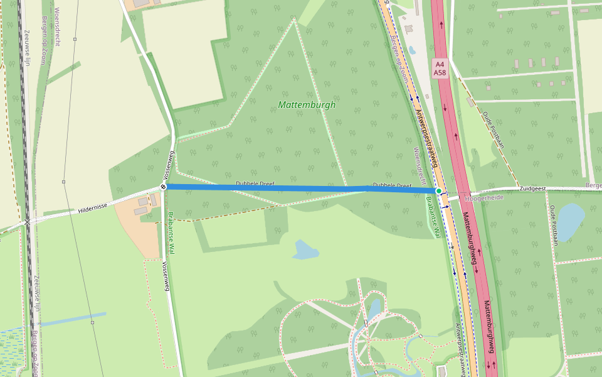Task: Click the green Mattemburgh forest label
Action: (x=307, y=105)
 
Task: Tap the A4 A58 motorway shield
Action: (x=440, y=68)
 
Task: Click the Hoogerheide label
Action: (x=484, y=197)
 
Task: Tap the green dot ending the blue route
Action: (x=439, y=190)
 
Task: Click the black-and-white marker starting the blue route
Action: (x=163, y=187)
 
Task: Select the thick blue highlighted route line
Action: (x=301, y=188)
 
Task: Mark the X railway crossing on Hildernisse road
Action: (x=27, y=222)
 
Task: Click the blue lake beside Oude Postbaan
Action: (x=570, y=221)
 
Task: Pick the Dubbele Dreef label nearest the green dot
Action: (x=392, y=186)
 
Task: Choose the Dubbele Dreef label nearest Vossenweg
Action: (x=255, y=184)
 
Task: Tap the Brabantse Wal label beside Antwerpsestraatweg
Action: (x=432, y=217)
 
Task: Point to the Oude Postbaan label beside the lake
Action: (x=554, y=223)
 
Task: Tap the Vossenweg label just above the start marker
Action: (x=167, y=165)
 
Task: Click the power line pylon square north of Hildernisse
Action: (x=63, y=182)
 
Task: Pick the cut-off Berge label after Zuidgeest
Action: (x=593, y=186)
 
